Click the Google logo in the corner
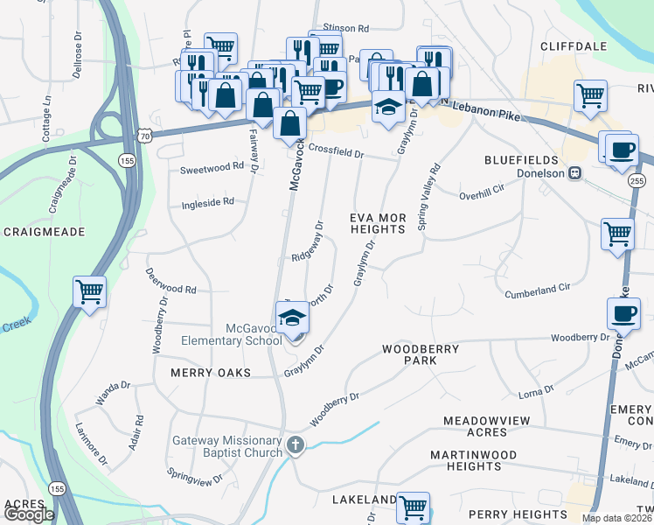click(29, 514)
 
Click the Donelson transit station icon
click(575, 172)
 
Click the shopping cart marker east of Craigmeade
click(89, 292)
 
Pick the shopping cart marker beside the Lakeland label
click(413, 507)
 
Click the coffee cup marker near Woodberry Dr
click(623, 314)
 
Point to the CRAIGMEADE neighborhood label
click(44, 232)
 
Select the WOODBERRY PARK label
click(421, 354)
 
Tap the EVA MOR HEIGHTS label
click(378, 222)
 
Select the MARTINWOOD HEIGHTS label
click(473, 460)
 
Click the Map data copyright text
click(616, 518)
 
